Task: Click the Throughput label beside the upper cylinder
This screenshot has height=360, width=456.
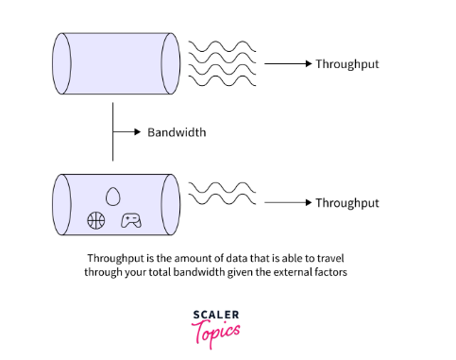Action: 347,63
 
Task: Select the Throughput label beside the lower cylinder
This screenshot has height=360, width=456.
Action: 347,202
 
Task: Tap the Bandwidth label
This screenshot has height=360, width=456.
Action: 177,132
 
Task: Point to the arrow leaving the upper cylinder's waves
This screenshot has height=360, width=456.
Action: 287,63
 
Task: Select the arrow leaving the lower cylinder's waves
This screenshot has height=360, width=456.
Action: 287,202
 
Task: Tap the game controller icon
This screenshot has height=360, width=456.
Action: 130,221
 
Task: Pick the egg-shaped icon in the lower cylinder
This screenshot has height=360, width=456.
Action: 113,197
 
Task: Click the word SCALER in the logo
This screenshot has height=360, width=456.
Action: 215,316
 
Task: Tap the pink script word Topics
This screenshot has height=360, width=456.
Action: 215,332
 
